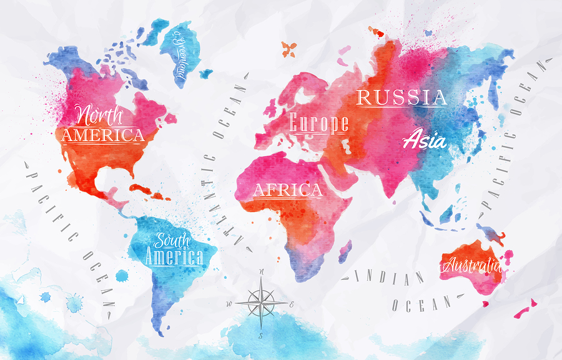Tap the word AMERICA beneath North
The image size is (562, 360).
[x=102, y=135]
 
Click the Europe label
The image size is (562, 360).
[x=318, y=123]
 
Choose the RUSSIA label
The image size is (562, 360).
[x=402, y=97]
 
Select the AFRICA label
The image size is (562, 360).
[x=287, y=190]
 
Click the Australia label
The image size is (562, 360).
[x=471, y=265]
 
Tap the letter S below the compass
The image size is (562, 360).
[x=261, y=335]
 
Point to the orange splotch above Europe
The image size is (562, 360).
[x=288, y=48]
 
